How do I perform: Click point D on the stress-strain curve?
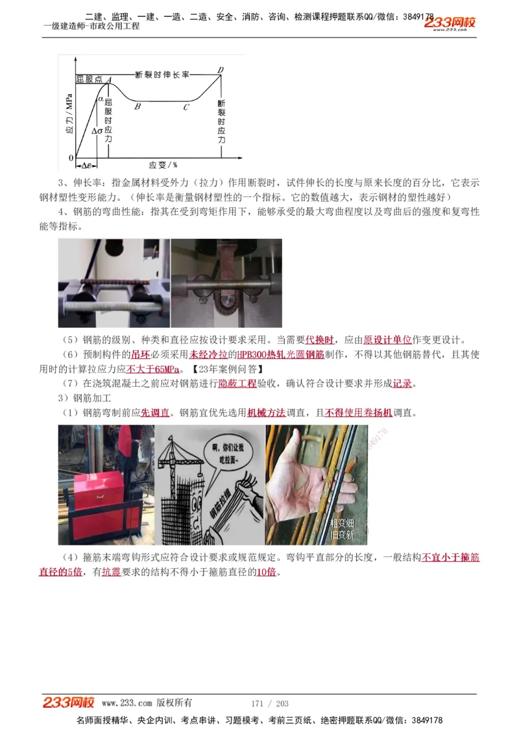pyautogui.click(x=221, y=70)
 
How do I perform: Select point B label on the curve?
pyautogui.click(x=138, y=107)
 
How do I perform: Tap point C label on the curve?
pyautogui.click(x=186, y=107)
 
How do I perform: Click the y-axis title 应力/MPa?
pyautogui.click(x=68, y=114)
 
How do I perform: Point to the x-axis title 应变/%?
pyautogui.click(x=163, y=165)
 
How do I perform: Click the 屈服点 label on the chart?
pyautogui.click(x=90, y=79)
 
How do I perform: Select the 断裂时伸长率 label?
pyautogui.click(x=162, y=75)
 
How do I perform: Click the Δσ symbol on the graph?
pyautogui.click(x=97, y=131)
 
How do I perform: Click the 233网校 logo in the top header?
pyautogui.click(x=450, y=23)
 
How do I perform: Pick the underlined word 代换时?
pyautogui.click(x=320, y=340)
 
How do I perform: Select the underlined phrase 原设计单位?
pyautogui.click(x=387, y=340)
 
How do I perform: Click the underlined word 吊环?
pyautogui.click(x=140, y=355)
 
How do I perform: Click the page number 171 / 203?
pyautogui.click(x=269, y=703)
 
